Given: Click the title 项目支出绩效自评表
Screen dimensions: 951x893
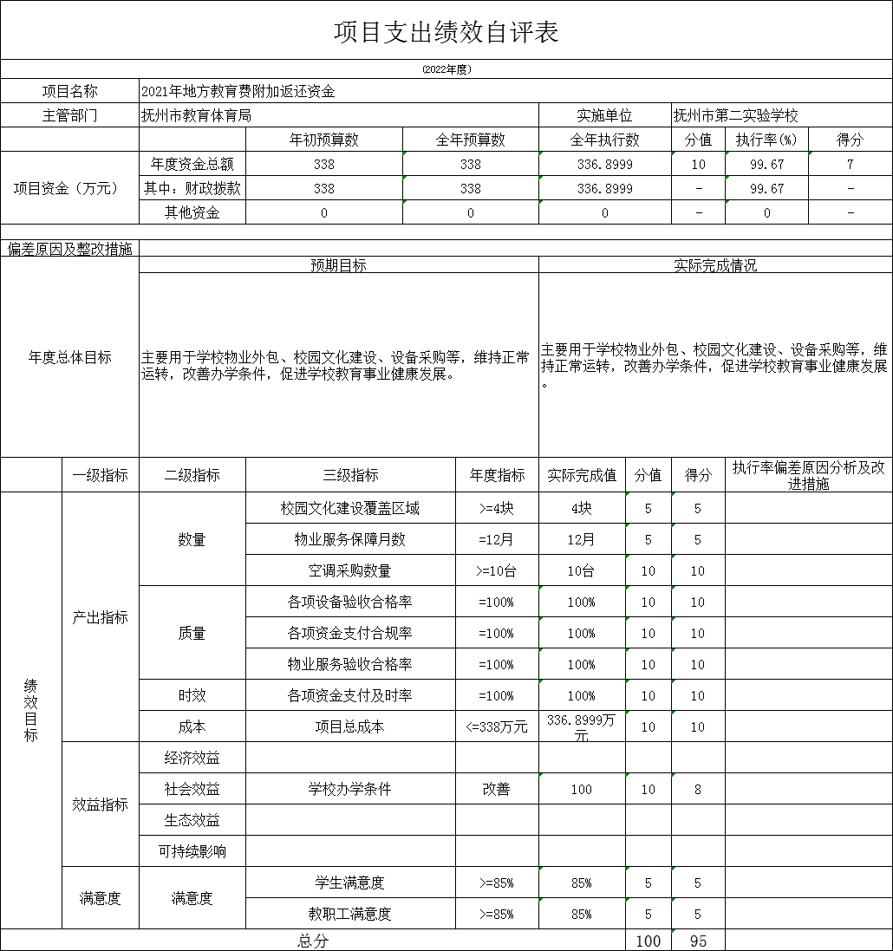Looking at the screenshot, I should (446, 32).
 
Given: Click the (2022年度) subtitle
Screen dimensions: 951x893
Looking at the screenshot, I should (446, 69).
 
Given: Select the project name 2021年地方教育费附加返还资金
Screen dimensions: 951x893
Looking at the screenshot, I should (238, 91).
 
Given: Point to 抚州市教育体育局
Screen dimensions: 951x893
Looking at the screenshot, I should (197, 115).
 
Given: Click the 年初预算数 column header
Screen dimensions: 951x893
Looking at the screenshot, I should (324, 140).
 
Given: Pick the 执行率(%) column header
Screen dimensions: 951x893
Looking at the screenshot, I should (766, 140).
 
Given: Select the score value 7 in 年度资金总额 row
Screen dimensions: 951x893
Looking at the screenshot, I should (850, 164).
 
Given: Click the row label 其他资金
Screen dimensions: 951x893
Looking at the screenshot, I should (192, 212).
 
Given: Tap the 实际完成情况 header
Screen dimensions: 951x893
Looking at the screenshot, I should (715, 265).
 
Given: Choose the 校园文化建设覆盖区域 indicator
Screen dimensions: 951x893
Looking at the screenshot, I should (350, 508).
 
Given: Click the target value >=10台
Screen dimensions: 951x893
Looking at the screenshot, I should (496, 570).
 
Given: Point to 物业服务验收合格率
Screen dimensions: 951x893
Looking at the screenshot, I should (350, 664).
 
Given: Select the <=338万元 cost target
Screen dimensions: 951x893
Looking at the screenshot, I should (496, 726).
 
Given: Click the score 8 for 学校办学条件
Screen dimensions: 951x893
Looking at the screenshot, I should (697, 789).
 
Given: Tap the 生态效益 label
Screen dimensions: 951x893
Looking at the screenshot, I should (192, 820).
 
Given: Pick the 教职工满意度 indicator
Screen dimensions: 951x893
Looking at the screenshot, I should (350, 914).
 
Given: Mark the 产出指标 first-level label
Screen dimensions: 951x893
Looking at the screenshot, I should (101, 617).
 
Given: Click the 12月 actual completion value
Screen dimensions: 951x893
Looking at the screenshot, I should (581, 539).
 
